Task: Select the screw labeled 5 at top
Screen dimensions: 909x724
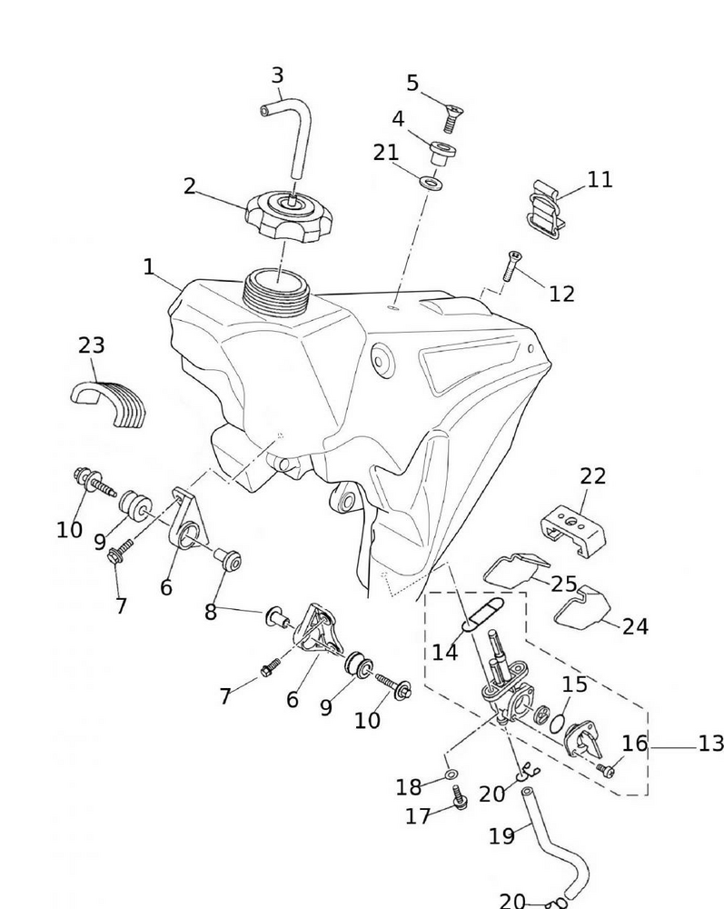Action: click(x=450, y=117)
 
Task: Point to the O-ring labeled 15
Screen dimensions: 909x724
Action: click(x=561, y=720)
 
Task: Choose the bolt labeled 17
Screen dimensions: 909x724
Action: click(x=459, y=798)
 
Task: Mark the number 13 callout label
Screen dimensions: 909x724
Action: click(x=710, y=744)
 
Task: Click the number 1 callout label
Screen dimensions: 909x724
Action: click(x=148, y=267)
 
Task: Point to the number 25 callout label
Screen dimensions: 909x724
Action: click(x=563, y=584)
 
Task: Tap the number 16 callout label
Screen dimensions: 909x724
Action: click(x=634, y=744)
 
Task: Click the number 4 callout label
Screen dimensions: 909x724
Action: click(x=398, y=120)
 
